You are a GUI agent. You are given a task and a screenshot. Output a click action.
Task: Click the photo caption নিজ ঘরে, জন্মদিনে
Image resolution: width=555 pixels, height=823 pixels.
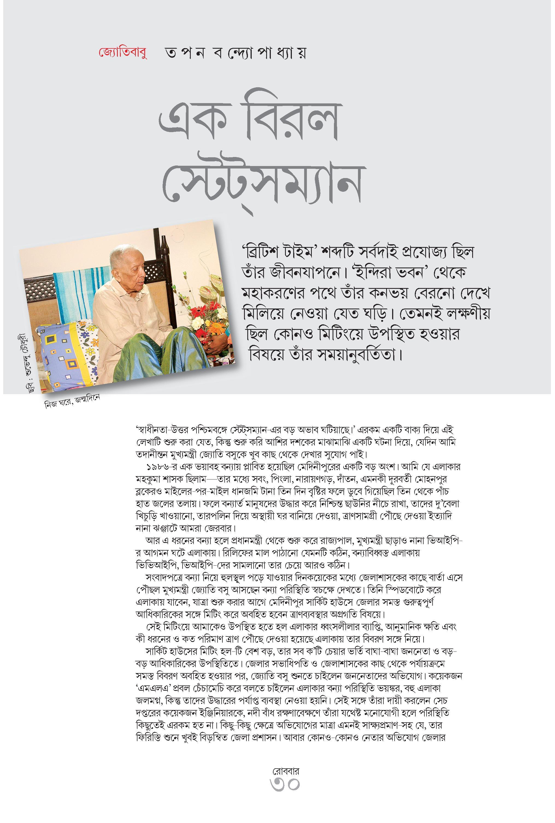pos(72,401)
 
